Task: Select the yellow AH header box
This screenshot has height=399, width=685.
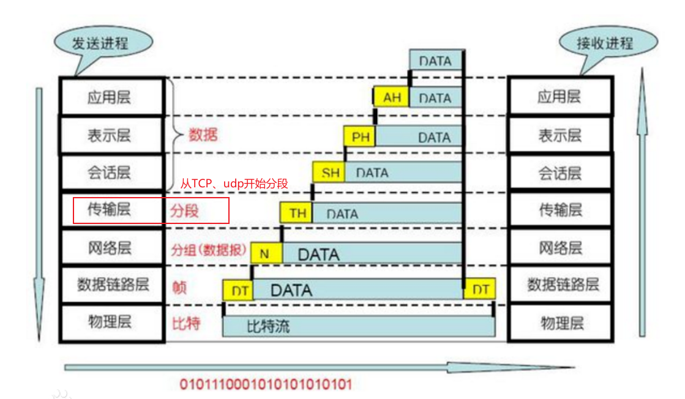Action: pos(391,97)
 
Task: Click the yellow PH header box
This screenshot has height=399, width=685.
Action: pos(360,136)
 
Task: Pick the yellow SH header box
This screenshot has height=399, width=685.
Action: pos(329,173)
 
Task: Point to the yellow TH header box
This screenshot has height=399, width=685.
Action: pos(297,213)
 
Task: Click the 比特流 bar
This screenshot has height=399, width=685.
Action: pos(359,326)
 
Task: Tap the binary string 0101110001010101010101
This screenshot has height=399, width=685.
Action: pos(266,384)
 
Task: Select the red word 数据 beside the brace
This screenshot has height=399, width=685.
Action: pos(203,135)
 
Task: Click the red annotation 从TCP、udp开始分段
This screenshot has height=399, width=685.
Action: pos(234,183)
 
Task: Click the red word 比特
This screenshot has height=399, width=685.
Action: pos(185,323)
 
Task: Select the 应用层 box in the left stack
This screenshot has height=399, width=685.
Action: pos(112,97)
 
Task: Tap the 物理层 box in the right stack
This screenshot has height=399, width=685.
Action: pos(561,323)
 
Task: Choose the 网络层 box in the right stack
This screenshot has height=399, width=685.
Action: pos(561,248)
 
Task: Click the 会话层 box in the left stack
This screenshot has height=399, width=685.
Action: pos(112,173)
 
